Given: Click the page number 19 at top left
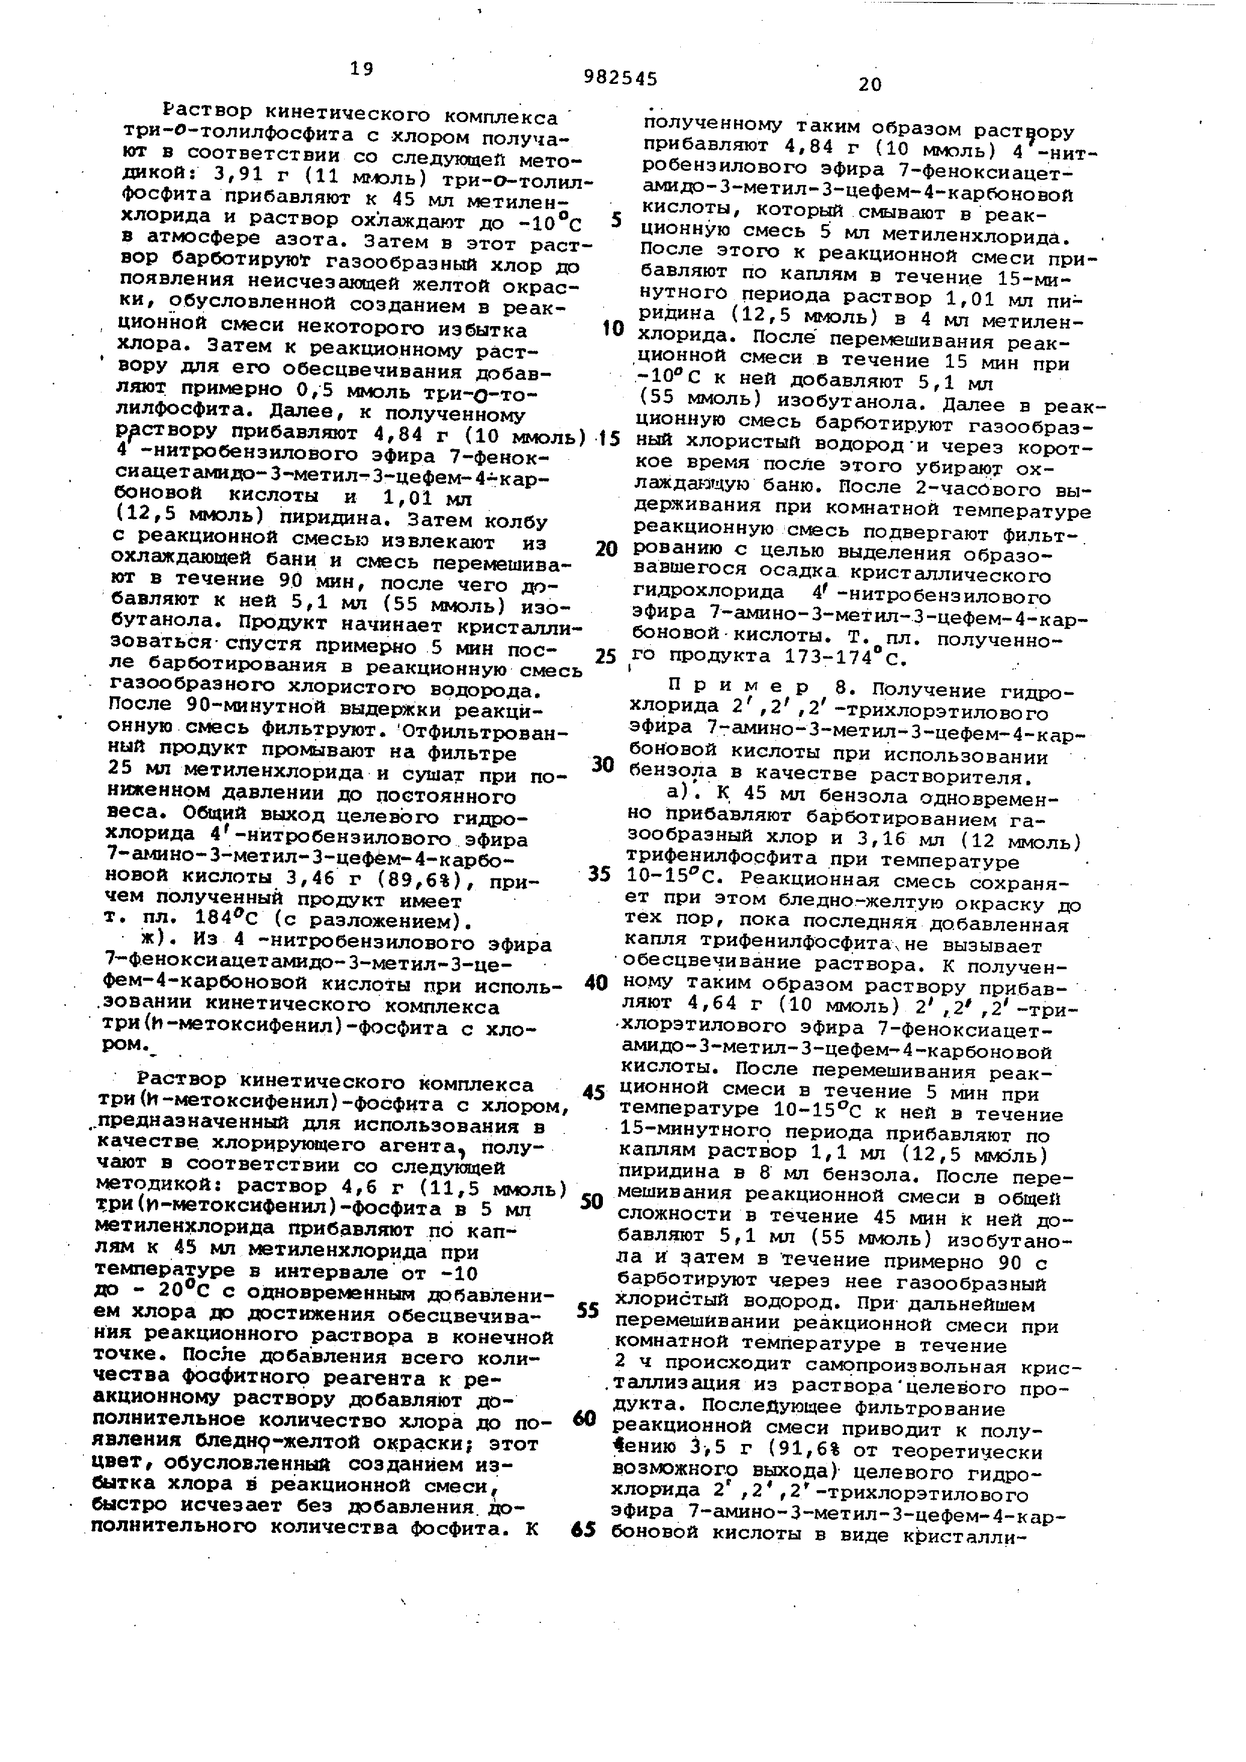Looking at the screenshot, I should [x=361, y=69].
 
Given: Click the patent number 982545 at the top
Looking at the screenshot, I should [x=620, y=77].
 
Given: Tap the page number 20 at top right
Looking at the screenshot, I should [x=870, y=84].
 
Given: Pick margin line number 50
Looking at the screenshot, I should [x=591, y=1202].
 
